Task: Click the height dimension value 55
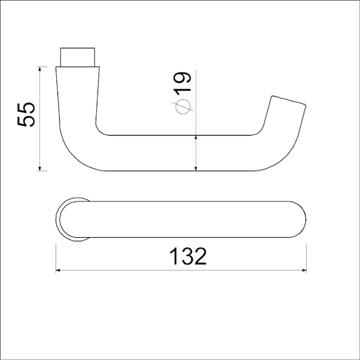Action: [x=27, y=113]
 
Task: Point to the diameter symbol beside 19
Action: [x=183, y=107]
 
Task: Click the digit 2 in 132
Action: [x=200, y=257]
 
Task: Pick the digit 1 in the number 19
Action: [x=183, y=90]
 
